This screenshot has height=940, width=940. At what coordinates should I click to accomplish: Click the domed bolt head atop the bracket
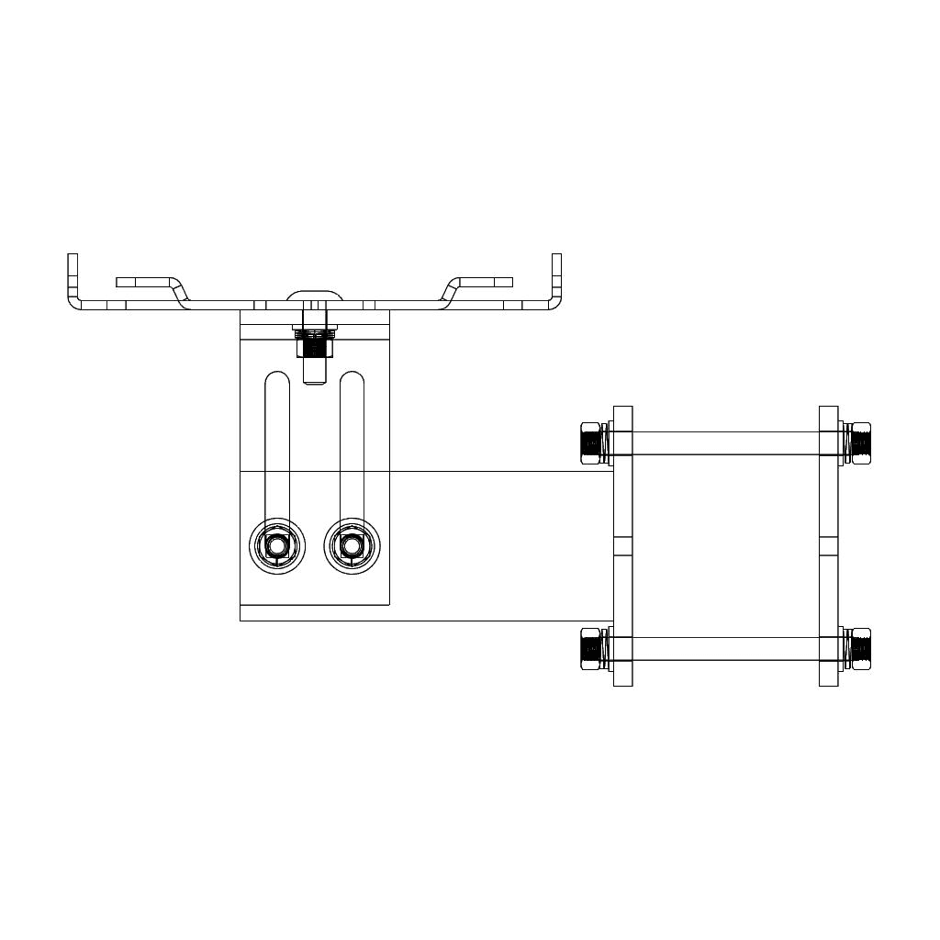click(315, 296)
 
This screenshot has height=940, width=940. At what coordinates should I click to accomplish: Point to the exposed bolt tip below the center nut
click(315, 373)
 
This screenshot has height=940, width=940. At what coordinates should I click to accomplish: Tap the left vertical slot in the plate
click(277, 441)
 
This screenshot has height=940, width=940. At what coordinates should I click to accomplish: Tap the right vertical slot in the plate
click(352, 441)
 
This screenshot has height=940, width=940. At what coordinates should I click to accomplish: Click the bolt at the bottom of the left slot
click(277, 547)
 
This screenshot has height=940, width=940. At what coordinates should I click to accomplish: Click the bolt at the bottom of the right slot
click(352, 547)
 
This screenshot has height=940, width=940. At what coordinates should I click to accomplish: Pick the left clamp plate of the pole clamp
click(622, 545)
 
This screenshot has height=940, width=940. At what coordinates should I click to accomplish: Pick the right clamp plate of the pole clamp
click(828, 545)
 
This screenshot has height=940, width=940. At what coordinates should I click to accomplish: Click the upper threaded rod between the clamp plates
click(725, 443)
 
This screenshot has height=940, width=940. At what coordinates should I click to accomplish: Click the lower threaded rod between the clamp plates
click(725, 649)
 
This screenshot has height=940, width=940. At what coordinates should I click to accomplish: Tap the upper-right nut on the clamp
click(860, 443)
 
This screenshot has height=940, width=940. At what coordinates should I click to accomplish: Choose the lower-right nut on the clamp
click(860, 649)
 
